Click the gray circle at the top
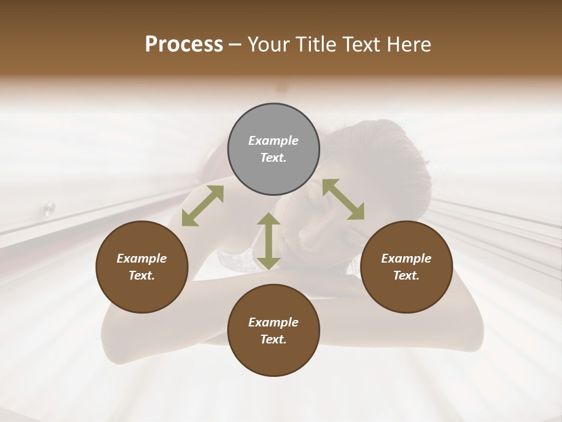pyautogui.click(x=273, y=149)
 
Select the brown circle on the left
pyautogui.click(x=142, y=267)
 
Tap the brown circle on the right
pyautogui.click(x=406, y=267)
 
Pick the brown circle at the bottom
pyautogui.click(x=273, y=331)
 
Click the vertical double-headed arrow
pyautogui.click(x=269, y=241)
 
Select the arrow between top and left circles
pyautogui.click(x=203, y=206)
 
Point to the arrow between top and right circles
pyautogui.click(x=343, y=199)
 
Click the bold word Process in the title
pyautogui.click(x=184, y=45)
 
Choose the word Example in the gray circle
pyautogui.click(x=273, y=141)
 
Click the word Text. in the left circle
pyautogui.click(x=142, y=275)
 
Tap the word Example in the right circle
pyautogui.click(x=406, y=258)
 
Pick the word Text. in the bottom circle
pyautogui.click(x=273, y=339)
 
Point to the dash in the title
pyautogui.click(x=235, y=45)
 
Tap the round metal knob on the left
pyautogui.click(x=49, y=207)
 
